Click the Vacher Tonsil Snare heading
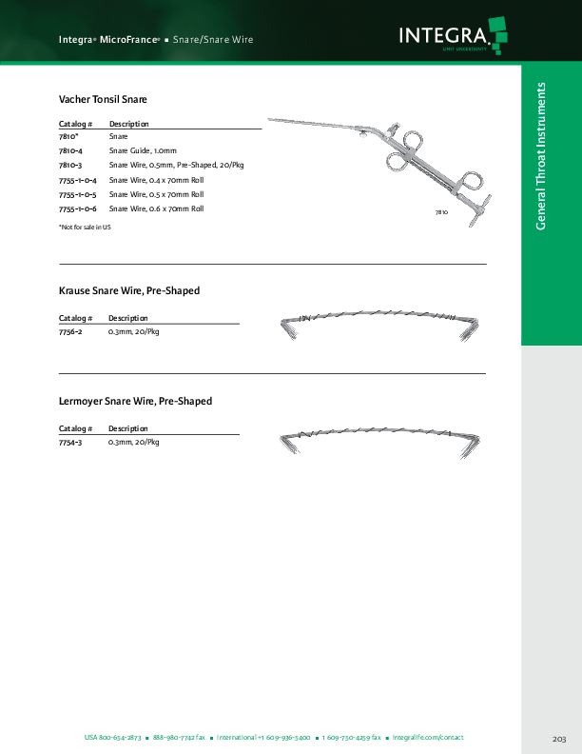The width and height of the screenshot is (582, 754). coord(103,99)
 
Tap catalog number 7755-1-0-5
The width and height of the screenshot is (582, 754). coord(78,194)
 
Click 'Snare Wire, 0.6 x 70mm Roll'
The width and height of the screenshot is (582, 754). coord(156,208)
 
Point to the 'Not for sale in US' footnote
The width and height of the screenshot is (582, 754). coord(85,227)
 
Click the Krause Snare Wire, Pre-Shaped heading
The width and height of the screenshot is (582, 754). coord(129,290)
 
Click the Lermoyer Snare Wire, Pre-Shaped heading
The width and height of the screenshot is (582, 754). coord(135,402)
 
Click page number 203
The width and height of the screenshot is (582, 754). coord(558,739)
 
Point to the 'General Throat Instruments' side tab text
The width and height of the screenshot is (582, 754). coord(541,156)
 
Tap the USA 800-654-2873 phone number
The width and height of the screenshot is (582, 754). coord(112,738)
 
